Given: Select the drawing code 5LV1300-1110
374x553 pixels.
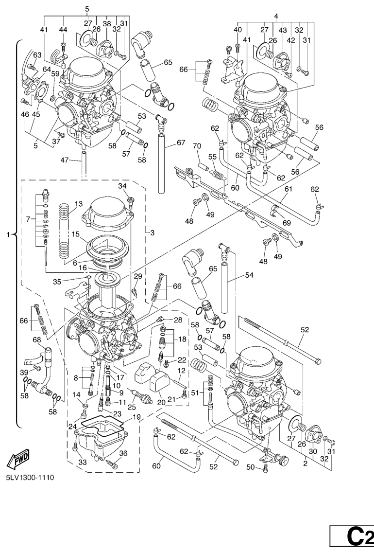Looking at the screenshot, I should [x=30, y=477].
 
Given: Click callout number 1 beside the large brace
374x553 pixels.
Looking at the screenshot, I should [x=7, y=235].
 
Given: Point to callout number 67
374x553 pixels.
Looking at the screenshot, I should [x=181, y=143].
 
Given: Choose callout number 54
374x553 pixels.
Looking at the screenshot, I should [x=249, y=276].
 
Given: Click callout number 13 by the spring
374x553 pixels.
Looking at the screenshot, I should [x=79, y=203].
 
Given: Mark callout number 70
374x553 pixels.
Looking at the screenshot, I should [x=197, y=146].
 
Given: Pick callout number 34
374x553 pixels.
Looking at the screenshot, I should [x=122, y=186].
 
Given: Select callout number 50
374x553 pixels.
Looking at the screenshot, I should [x=251, y=467].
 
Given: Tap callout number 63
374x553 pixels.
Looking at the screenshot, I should [x=37, y=55].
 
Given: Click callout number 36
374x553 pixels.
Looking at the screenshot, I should [x=123, y=453].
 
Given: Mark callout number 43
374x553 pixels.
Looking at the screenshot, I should [x=282, y=30].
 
